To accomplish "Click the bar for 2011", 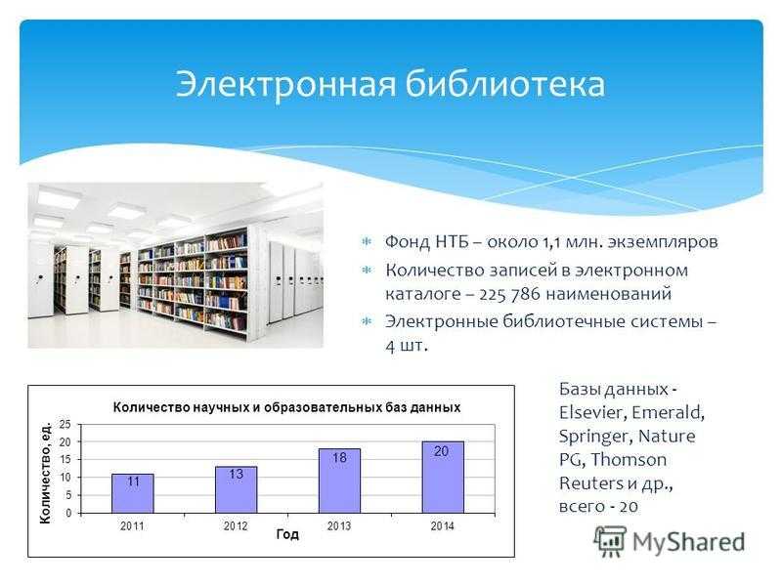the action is pos(133,493).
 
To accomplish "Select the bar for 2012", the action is pos(237,490).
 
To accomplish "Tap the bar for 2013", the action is pos(339,481).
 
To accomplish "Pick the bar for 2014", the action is pos(443,478).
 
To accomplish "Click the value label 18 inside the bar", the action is pos(339,457).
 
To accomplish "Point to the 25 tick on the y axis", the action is pos(65,425).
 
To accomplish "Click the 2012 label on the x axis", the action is pos(236,525).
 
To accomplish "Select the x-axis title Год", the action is pos(287,534).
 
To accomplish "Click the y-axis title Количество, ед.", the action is pos(45,473).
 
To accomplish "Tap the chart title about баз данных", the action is pos(286,407).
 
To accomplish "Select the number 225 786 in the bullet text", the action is pos(509,294).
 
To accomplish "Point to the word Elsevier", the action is pos(592,412).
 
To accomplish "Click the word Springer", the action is pos(595,437).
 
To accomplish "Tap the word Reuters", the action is pos(591,482).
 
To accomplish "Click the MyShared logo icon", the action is pos(610,541).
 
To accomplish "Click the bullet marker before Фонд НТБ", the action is pos(367,242).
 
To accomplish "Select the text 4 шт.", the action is pos(407,346).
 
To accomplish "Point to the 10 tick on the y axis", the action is pos(65,478).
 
